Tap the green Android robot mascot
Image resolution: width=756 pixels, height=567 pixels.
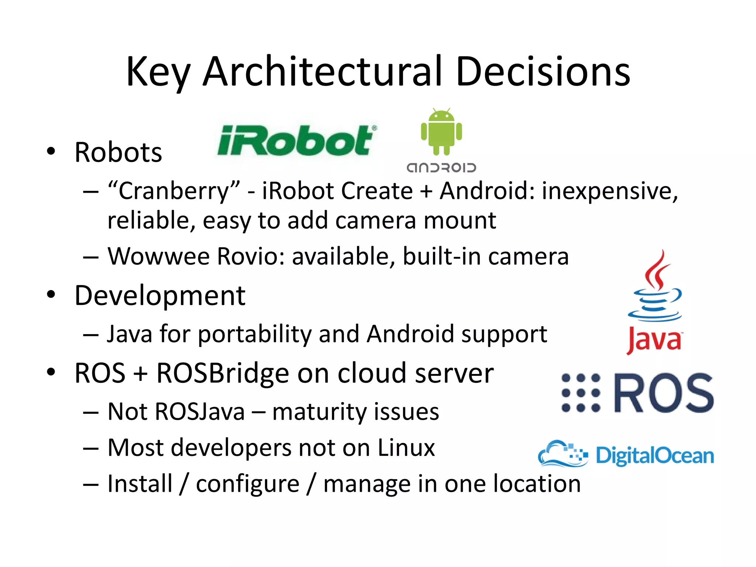441,132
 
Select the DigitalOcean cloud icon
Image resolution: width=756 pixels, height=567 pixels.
563,454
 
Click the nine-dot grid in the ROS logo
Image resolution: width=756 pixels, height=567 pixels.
581,393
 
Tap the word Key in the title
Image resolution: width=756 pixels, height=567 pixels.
158,72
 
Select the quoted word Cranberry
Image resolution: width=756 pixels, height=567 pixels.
174,191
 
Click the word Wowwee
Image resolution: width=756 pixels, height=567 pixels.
159,256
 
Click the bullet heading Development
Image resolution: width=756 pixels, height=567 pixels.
160,296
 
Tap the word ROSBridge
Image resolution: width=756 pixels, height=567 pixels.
223,373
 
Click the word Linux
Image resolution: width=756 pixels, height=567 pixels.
406,448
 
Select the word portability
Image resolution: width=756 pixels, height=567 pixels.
255,334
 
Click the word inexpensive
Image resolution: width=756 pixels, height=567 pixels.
609,191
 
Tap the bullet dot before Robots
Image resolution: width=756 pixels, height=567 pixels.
51,151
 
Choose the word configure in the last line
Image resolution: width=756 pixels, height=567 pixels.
247,484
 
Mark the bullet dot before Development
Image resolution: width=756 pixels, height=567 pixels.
51,295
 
